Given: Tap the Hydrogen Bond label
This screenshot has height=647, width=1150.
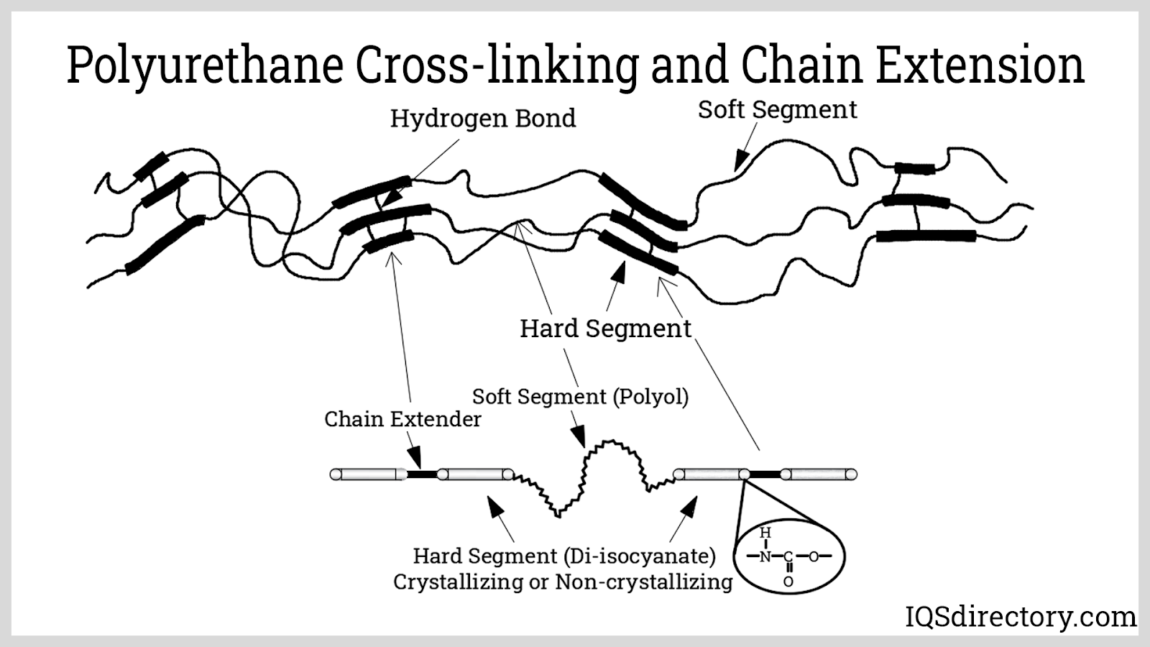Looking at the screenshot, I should pyautogui.click(x=483, y=119).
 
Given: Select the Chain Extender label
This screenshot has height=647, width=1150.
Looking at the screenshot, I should pyautogui.click(x=402, y=419).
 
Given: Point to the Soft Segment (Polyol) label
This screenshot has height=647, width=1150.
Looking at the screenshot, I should pyautogui.click(x=580, y=396).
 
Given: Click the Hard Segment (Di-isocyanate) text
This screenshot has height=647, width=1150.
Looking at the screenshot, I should pyautogui.click(x=564, y=556).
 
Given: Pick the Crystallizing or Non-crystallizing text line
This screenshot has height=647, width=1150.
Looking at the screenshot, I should pyautogui.click(x=563, y=582).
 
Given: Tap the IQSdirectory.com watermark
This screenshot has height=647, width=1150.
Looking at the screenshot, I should pyautogui.click(x=1020, y=617).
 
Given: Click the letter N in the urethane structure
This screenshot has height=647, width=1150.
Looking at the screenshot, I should pyautogui.click(x=765, y=556).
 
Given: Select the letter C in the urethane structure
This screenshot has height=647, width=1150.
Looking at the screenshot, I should pyautogui.click(x=788, y=556).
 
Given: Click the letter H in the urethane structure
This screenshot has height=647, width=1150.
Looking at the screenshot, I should pyautogui.click(x=765, y=533).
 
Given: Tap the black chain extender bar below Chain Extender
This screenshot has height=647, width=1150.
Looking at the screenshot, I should pyautogui.click(x=422, y=474).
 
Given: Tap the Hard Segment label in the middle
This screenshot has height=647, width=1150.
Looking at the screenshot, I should pyautogui.click(x=605, y=329).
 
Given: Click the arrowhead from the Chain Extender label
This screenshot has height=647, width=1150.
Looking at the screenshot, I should pyautogui.click(x=414, y=457).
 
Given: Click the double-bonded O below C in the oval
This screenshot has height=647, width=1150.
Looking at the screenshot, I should pyautogui.click(x=788, y=581).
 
